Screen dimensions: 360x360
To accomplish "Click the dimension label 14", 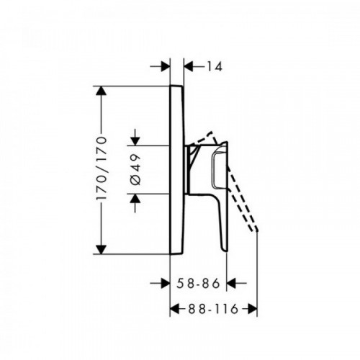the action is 215,66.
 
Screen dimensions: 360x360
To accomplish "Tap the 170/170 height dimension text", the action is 101,168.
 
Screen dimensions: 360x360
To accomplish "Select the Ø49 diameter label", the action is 135,170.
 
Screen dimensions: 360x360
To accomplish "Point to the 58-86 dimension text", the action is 198,283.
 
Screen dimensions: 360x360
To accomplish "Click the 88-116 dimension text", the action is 213,309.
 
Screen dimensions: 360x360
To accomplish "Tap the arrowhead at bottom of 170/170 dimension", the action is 101,249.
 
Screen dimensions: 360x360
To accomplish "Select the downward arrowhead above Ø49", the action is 135,141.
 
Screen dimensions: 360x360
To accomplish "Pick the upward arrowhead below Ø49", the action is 135,198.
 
